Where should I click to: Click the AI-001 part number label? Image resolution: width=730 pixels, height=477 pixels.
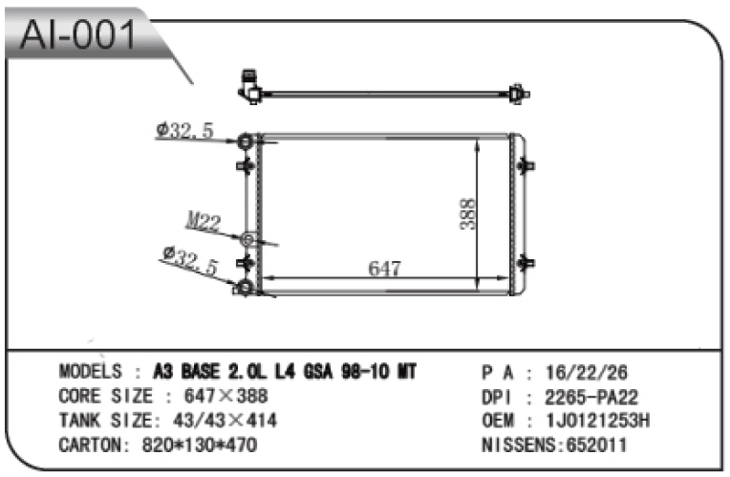click(x=77, y=35)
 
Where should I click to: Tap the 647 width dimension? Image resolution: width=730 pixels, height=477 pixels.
click(x=384, y=268)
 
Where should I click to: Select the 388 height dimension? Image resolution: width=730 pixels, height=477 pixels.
click(x=467, y=214)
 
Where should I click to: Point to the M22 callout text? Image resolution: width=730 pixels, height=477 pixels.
click(x=203, y=221)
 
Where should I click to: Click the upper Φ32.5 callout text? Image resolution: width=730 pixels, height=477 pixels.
click(x=184, y=129)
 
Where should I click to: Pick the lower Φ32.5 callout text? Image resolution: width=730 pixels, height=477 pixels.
click(x=190, y=260)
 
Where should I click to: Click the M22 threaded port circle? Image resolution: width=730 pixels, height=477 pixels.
click(x=248, y=239)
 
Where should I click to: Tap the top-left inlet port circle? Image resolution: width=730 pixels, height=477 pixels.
click(x=246, y=141)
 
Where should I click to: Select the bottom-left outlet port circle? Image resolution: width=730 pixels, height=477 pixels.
click(x=246, y=287)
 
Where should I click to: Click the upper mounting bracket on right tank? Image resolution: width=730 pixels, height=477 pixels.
click(x=526, y=165)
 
